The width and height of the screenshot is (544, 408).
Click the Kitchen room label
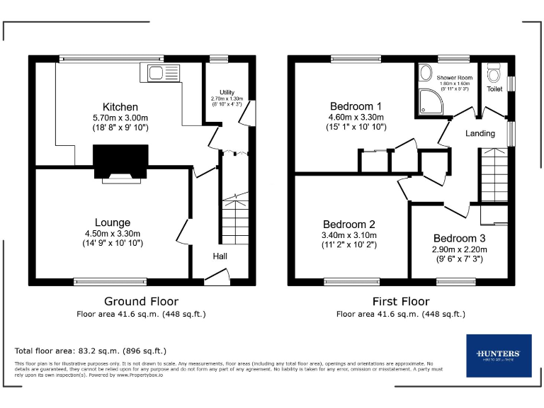click(120, 107)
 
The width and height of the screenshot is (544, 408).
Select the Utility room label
click(227, 92)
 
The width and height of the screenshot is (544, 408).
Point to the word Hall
click(220, 256)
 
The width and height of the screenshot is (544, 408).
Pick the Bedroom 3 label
click(460, 239)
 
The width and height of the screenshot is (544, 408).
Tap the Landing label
click(479, 133)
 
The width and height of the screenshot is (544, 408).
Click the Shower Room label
click(454, 77)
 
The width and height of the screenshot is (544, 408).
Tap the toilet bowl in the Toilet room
click(494, 73)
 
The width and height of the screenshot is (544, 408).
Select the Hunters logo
click(499, 356)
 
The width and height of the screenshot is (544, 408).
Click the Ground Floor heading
click(141, 301)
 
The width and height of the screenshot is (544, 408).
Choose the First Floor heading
click(401, 301)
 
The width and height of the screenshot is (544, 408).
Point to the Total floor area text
click(91, 351)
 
